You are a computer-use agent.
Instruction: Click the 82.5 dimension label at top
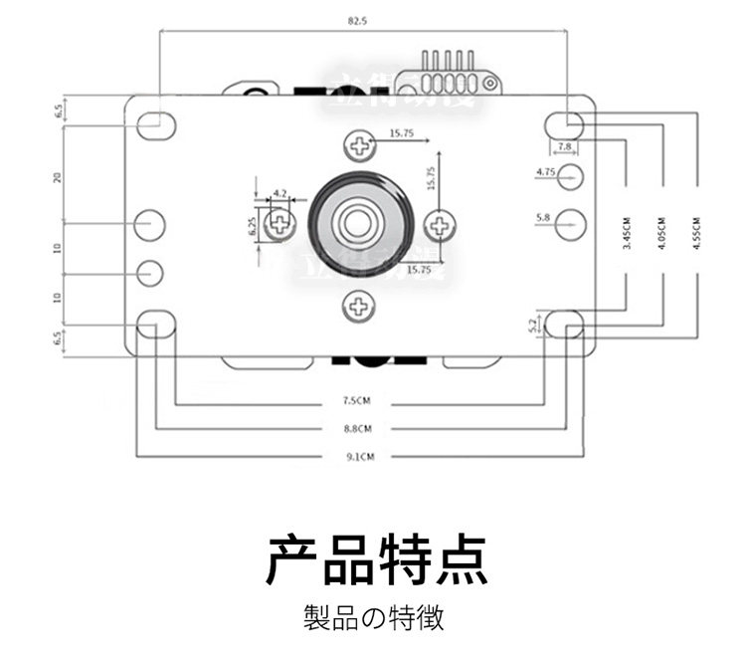(358, 20)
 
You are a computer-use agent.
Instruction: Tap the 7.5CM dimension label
(358, 402)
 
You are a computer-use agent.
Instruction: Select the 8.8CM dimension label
(358, 429)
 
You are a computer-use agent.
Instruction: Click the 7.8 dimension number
(564, 147)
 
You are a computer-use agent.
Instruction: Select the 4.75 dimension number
(544, 172)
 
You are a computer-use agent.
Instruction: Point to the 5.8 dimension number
(542, 216)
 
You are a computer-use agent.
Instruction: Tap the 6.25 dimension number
(255, 226)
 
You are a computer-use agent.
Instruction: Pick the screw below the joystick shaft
(358, 306)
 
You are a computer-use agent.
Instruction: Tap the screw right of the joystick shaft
(438, 225)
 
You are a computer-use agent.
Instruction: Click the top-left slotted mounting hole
(155, 124)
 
